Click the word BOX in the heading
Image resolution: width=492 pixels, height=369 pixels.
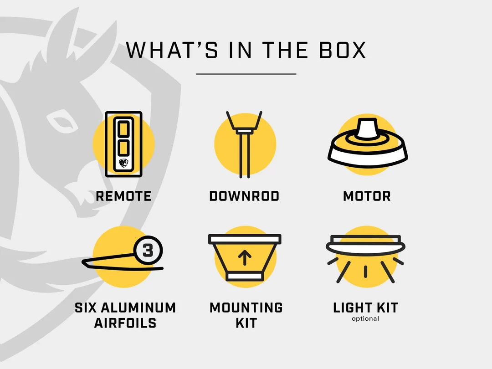[343, 50]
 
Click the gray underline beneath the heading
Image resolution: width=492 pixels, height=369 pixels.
[246, 74]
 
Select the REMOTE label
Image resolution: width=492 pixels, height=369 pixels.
[123, 196]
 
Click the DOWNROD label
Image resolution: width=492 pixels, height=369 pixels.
[244, 196]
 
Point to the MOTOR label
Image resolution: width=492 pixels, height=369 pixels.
[367, 196]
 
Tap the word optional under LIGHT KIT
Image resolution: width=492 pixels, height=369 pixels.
[365, 318]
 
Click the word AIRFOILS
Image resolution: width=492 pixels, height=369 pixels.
[125, 323]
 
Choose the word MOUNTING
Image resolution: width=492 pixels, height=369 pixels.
[246, 308]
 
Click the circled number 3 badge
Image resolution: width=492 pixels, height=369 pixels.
[148, 251]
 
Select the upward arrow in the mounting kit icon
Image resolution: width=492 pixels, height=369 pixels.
[245, 258]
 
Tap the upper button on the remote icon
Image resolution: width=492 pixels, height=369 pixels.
[123, 129]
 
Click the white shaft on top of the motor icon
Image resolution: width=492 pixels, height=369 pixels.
[368, 128]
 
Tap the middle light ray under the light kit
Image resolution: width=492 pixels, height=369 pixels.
[365, 272]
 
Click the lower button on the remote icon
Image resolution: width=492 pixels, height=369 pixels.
[123, 148]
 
